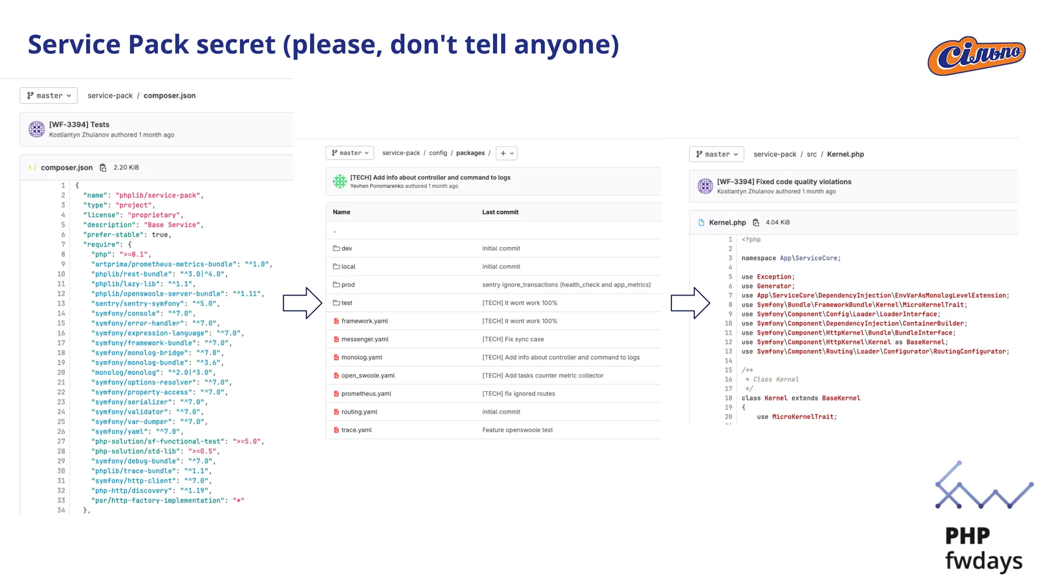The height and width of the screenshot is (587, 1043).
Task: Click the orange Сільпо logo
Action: (x=976, y=56)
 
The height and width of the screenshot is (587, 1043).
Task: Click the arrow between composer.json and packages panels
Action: (x=303, y=303)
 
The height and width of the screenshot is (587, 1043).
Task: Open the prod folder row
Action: (x=348, y=285)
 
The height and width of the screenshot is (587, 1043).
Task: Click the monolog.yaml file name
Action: (x=362, y=358)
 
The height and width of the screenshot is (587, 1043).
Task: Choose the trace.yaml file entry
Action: (x=356, y=430)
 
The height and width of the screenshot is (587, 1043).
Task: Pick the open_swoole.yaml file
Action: (x=368, y=376)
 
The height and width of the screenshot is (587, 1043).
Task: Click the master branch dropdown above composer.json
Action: (x=49, y=96)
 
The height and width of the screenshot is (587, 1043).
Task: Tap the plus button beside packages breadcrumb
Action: (x=507, y=153)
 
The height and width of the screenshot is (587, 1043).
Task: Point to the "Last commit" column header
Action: (x=500, y=212)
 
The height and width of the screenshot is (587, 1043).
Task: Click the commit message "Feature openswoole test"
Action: (x=517, y=430)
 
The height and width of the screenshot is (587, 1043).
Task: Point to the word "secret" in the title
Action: (x=236, y=44)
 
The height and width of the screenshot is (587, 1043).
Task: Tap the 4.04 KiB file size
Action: (x=778, y=223)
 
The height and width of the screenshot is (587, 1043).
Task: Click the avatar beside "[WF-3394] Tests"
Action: (x=37, y=129)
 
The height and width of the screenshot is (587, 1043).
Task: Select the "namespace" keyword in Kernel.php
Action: (x=758, y=258)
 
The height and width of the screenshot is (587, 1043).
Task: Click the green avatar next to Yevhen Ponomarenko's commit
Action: (x=340, y=181)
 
